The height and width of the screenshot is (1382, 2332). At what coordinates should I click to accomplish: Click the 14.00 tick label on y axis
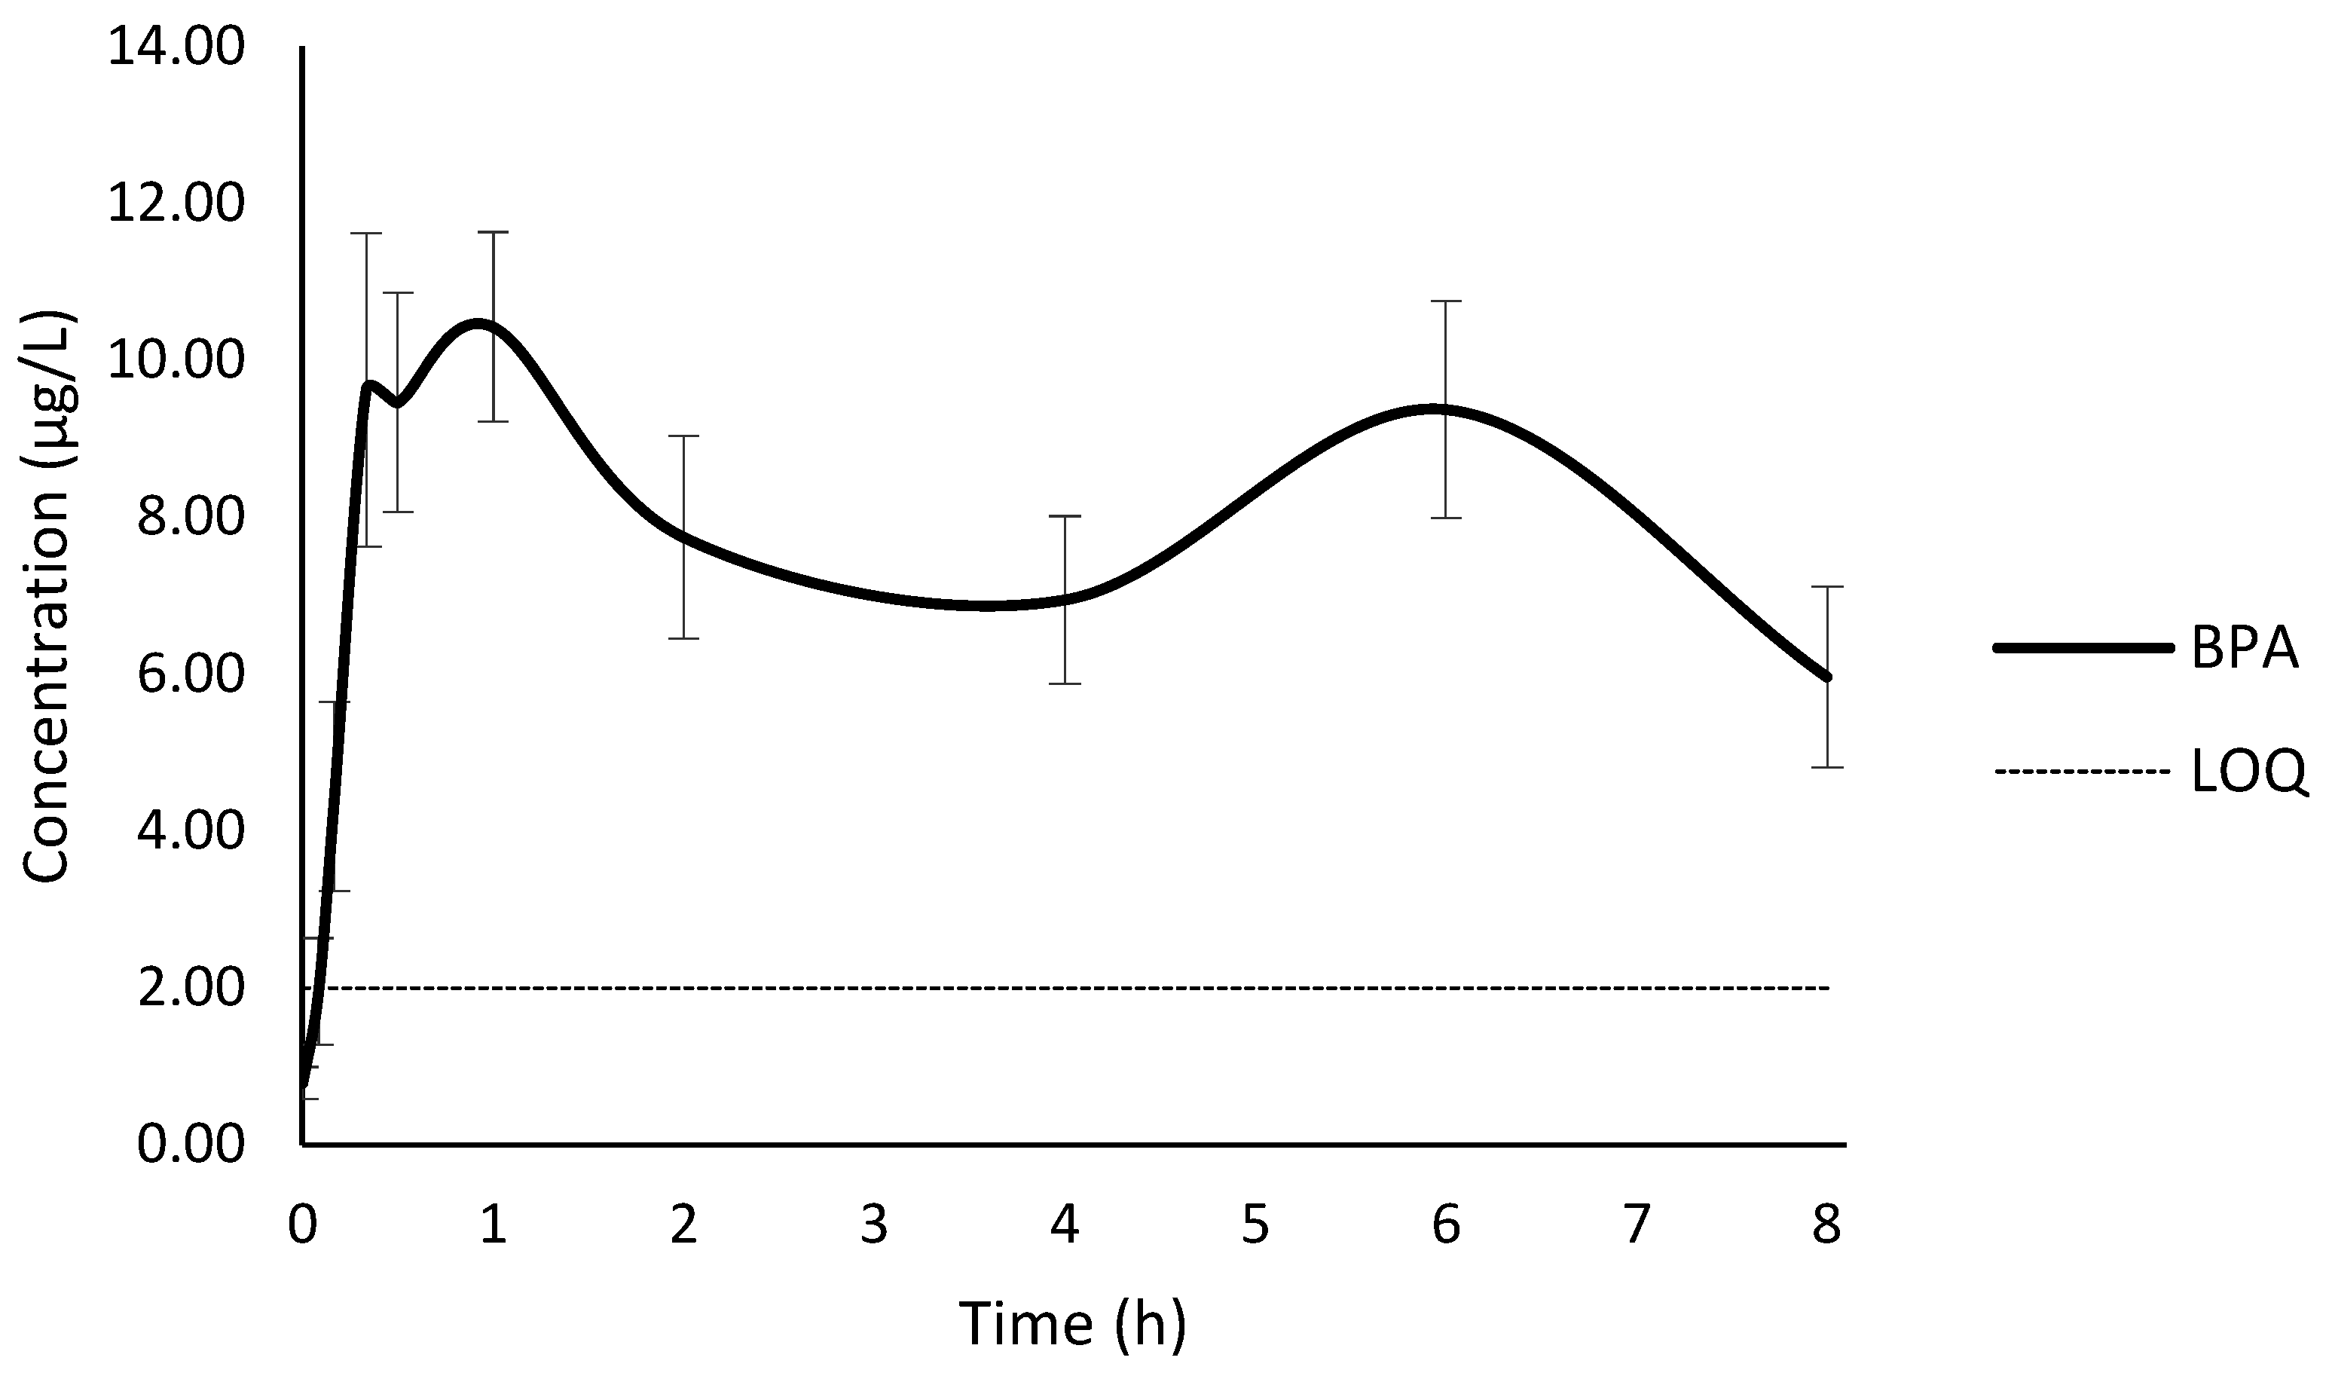click(x=176, y=47)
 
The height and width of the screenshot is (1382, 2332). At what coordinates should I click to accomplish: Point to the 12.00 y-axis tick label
click(x=176, y=204)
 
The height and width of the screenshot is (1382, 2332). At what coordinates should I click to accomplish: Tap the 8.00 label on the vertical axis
click(x=191, y=518)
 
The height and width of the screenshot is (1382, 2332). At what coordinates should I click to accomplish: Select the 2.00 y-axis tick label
click(x=191, y=988)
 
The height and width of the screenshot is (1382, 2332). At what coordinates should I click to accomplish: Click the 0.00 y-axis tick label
click(x=191, y=1145)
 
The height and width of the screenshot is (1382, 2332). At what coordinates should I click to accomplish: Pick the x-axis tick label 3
click(x=873, y=1225)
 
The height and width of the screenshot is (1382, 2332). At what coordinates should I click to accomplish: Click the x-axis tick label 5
click(x=1255, y=1225)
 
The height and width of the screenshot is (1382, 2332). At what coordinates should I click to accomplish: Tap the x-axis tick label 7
click(x=1636, y=1225)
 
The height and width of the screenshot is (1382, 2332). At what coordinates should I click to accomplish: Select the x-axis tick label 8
click(x=1826, y=1225)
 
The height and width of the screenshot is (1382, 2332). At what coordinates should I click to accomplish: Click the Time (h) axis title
click(x=1072, y=1323)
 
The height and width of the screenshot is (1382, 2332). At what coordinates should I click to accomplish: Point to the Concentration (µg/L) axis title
click(x=47, y=596)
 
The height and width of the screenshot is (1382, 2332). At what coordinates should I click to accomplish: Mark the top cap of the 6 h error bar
click(x=1446, y=301)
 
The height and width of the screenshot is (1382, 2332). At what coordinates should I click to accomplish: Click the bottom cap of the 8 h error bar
click(x=1827, y=767)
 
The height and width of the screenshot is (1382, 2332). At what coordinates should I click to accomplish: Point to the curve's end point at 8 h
click(x=1826, y=677)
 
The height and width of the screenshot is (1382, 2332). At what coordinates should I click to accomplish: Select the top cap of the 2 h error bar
click(x=683, y=436)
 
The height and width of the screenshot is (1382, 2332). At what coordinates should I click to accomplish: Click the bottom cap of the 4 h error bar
click(x=1064, y=683)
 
